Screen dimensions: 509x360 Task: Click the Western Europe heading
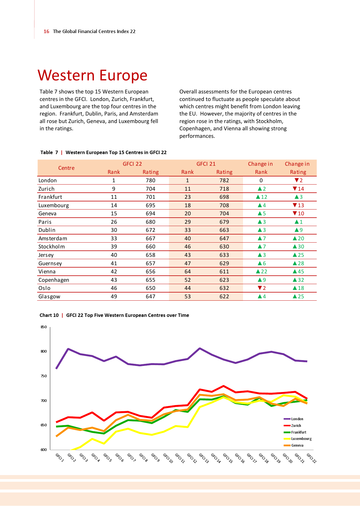pos(93,75)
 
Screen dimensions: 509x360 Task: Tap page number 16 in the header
pos(46,31)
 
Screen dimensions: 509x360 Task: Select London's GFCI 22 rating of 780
pos(150,181)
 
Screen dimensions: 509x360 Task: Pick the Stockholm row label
pos(52,247)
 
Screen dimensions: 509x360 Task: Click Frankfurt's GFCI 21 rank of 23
pos(188,197)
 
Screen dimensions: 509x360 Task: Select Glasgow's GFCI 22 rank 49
pos(114,297)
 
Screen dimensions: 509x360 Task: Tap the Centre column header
pos(66,168)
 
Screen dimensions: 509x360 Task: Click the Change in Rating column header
pos(297,168)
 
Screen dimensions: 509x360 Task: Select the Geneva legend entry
pos(297,445)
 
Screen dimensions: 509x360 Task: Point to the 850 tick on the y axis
pos(44,327)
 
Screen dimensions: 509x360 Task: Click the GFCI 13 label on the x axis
pos(204,458)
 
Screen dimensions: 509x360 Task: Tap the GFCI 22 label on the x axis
pos(311,458)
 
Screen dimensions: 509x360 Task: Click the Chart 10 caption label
pos(49,315)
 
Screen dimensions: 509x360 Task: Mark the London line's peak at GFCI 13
pos(200,348)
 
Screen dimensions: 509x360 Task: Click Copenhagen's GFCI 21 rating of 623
pos(224,280)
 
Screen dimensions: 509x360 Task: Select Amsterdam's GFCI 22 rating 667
pos(150,239)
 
